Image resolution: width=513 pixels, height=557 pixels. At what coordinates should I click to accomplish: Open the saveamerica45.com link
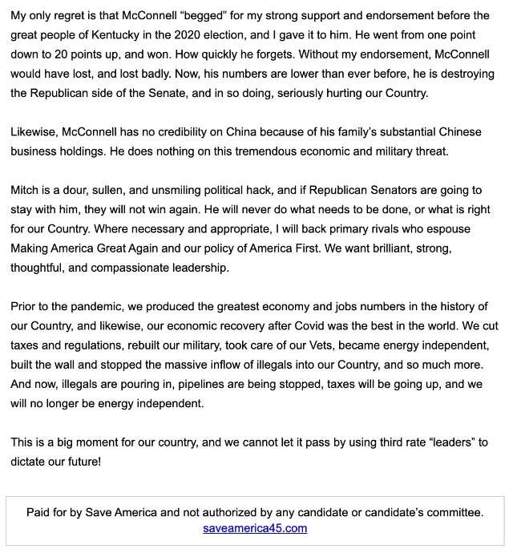pyautogui.click(x=255, y=528)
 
